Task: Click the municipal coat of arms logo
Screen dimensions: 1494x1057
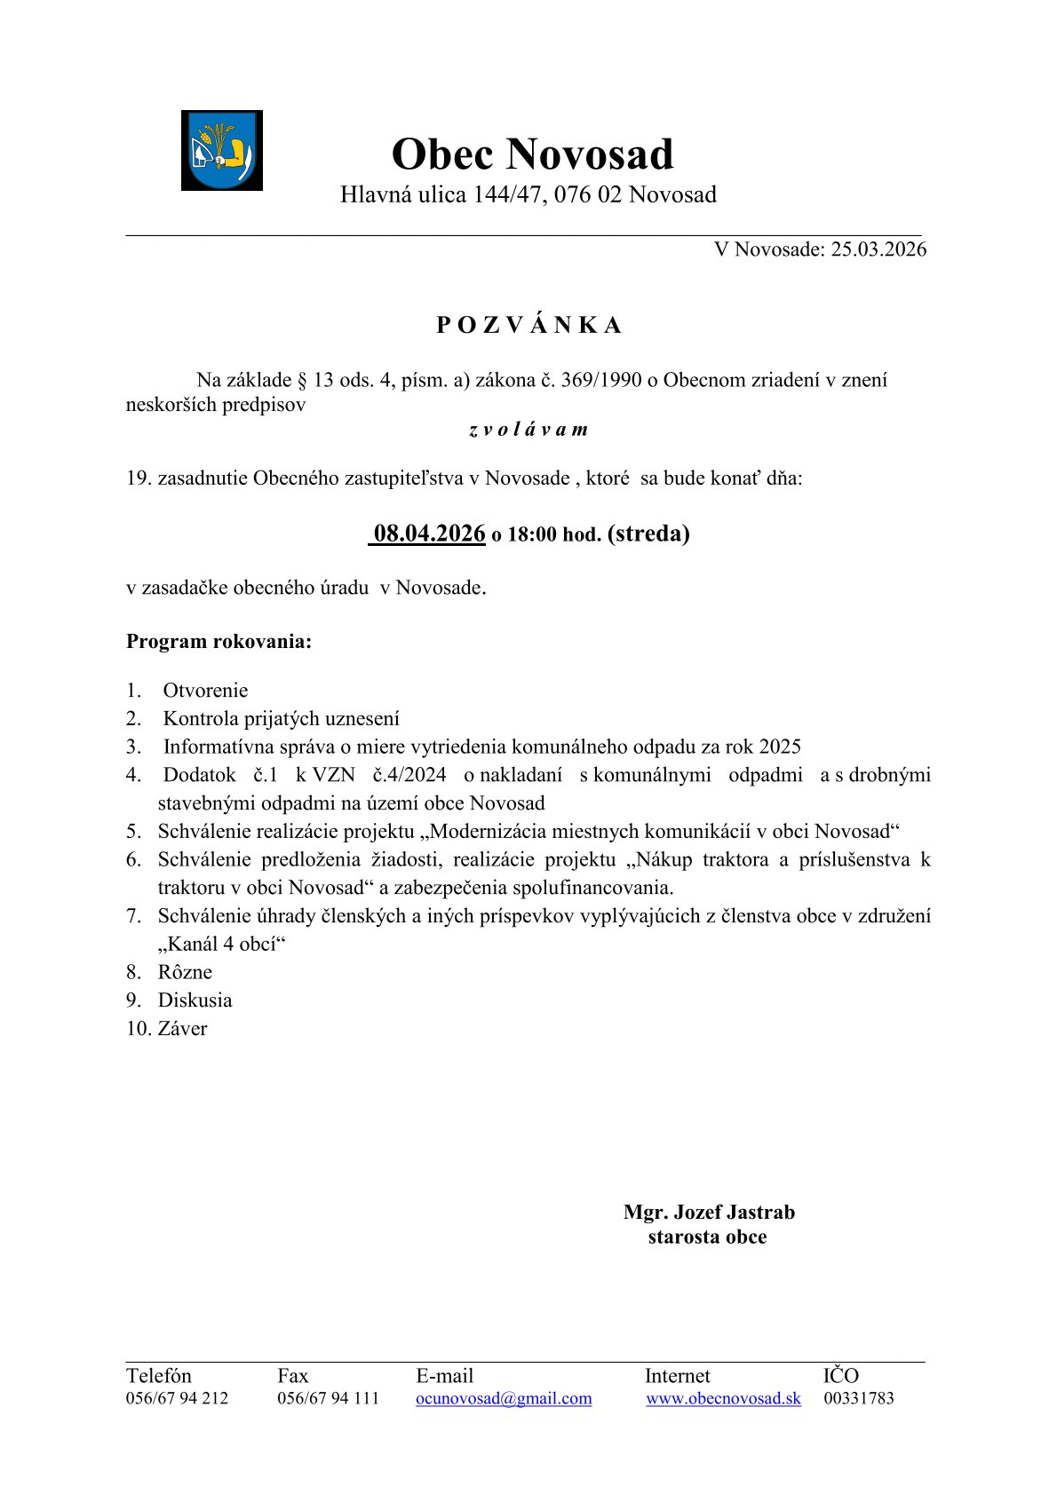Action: coord(221,150)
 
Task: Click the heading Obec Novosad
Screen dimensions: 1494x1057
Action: coord(532,154)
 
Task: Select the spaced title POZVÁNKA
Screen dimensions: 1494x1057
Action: coord(528,326)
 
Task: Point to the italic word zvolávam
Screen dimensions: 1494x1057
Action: coord(528,430)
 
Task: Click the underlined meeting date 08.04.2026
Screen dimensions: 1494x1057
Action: coord(429,534)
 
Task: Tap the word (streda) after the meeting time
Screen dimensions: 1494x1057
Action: coord(648,534)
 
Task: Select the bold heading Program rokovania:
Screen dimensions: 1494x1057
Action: coord(219,642)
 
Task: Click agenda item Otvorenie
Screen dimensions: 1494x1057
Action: coord(205,691)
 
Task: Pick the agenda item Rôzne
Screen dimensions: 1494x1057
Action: coord(185,972)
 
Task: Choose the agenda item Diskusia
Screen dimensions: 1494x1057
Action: coord(195,1000)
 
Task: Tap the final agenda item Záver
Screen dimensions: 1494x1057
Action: coord(182,1029)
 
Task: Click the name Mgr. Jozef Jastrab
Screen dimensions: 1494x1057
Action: coord(709,1213)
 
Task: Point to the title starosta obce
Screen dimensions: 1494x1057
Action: coord(707,1237)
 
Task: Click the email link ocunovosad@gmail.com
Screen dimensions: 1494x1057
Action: coord(504,1399)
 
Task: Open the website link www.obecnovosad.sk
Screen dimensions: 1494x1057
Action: coord(723,1399)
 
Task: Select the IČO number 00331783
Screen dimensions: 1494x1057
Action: coord(859,1399)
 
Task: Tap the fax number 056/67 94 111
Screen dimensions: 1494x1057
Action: coord(328,1399)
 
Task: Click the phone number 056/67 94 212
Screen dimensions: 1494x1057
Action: coord(177,1399)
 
